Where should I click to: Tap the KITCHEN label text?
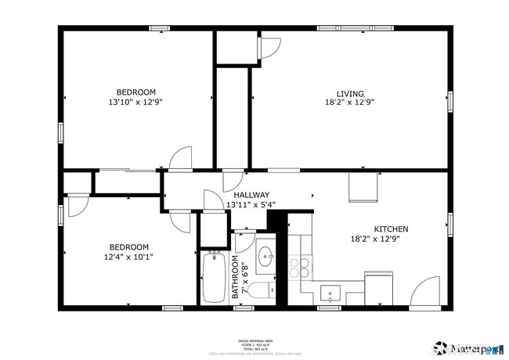point(390,229)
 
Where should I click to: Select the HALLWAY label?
point(251,195)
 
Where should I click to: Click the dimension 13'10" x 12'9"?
point(135,102)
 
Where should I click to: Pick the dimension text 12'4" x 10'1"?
point(128,255)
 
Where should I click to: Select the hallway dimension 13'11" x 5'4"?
point(251,205)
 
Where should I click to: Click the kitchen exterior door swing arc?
point(428,291)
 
